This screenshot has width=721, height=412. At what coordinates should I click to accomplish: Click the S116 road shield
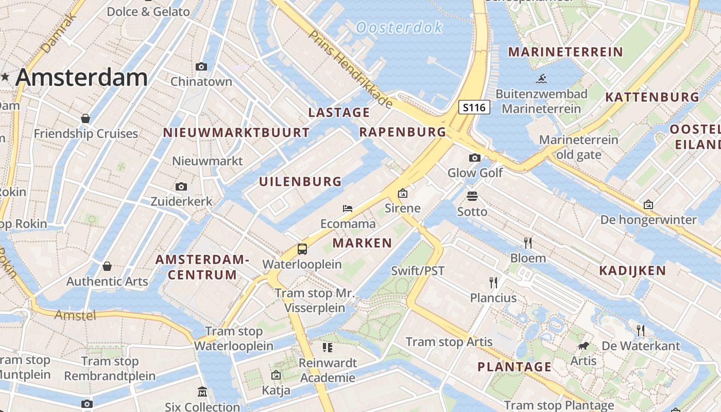point(474,108)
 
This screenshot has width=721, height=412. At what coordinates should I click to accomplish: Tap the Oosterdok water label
point(399,27)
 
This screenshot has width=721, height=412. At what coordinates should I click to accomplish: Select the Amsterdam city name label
point(81,77)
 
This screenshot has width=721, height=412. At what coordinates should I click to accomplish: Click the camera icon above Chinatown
point(201,66)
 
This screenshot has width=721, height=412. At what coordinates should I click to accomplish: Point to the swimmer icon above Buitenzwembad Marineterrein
point(541,79)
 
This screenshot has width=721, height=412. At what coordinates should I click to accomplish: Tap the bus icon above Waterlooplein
point(302,249)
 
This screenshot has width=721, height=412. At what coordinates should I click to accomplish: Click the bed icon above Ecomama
point(348,209)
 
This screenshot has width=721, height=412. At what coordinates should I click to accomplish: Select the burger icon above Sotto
point(472,196)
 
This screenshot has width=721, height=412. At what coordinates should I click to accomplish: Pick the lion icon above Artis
point(583,346)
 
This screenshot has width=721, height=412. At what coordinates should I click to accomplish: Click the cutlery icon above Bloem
point(528,243)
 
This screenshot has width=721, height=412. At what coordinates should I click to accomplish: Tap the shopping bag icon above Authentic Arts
point(107,266)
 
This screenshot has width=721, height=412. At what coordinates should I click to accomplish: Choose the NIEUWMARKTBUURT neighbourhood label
point(236,133)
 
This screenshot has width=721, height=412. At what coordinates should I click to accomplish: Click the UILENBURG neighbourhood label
point(300,181)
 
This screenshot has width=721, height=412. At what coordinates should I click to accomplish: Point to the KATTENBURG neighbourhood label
point(652,97)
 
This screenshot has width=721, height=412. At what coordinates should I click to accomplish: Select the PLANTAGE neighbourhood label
point(514,367)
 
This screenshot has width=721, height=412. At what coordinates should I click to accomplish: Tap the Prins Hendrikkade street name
point(351,68)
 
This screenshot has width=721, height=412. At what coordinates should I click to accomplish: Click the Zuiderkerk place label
point(181,201)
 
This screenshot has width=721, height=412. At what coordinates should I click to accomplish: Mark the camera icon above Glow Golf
point(474,158)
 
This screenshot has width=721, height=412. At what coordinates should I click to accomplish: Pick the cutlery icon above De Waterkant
point(641,330)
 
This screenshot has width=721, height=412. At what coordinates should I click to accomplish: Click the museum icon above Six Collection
point(202,392)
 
